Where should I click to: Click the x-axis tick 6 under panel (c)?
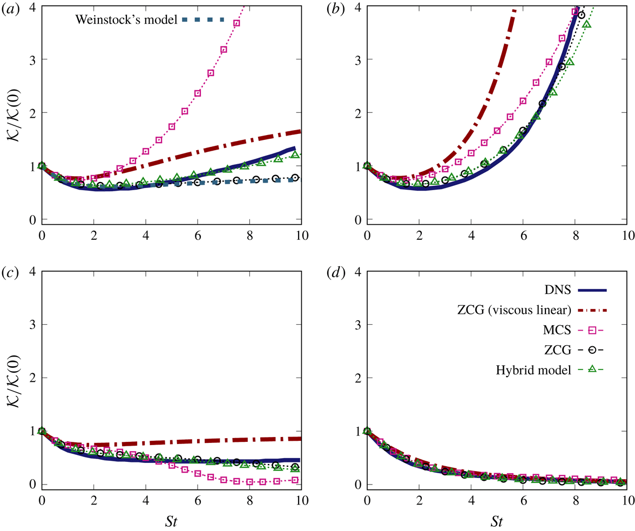(198, 500)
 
